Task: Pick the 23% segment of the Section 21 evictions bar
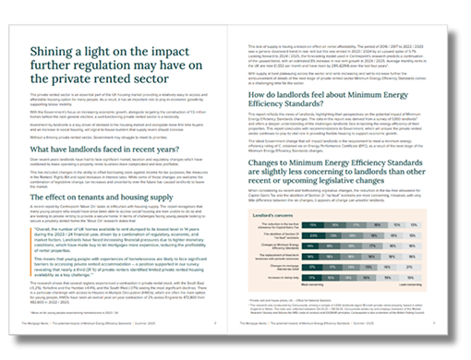[x=313, y=235]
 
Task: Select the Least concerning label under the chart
[x=410, y=284]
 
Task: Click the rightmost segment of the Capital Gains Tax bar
[x=414, y=224]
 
